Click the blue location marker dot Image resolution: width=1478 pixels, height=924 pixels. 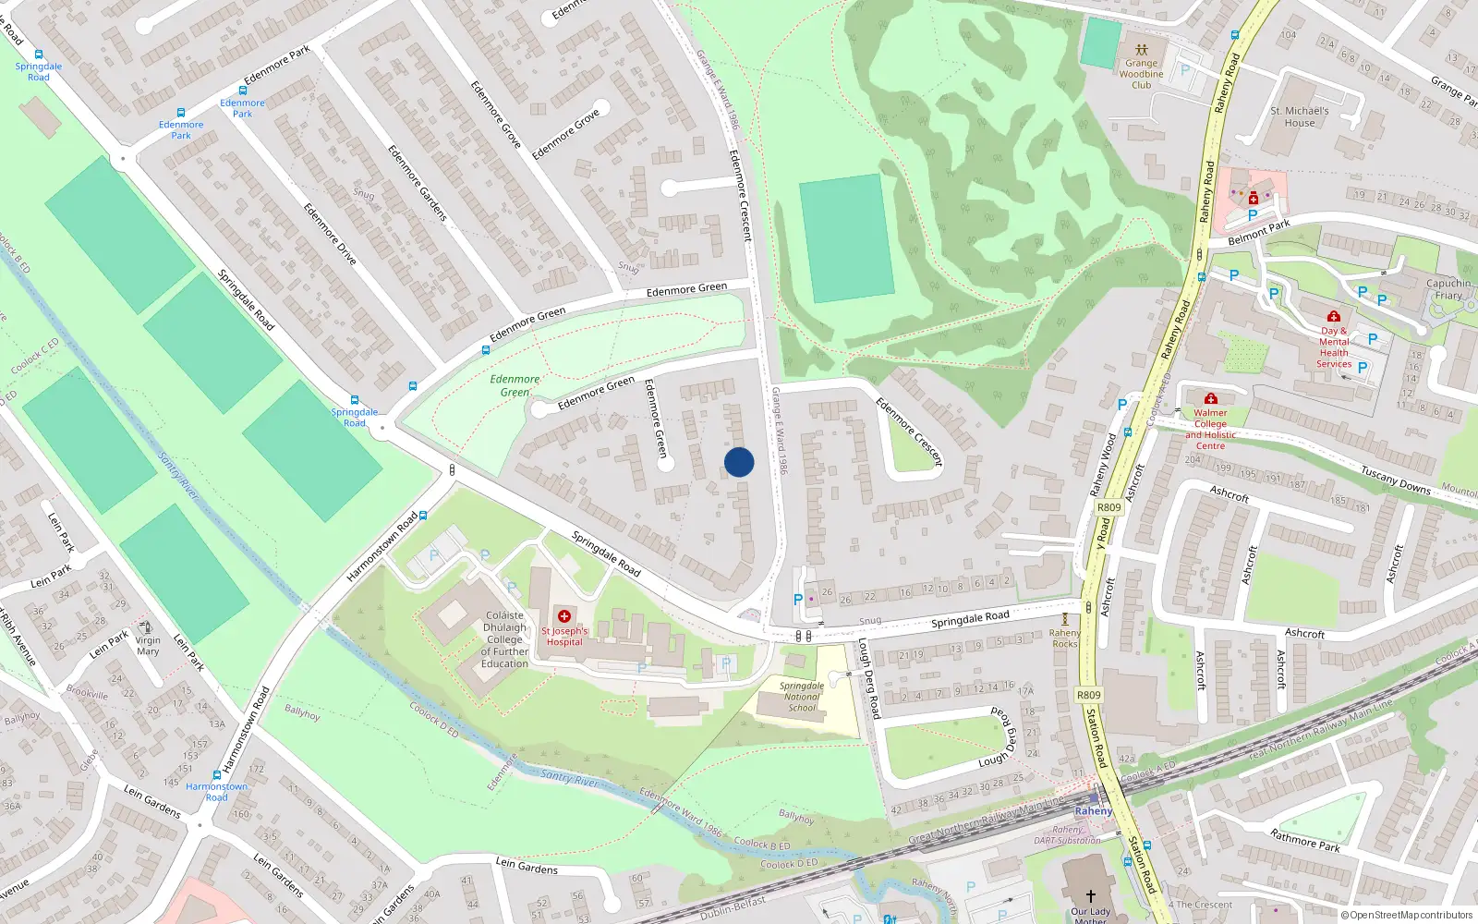[739, 462]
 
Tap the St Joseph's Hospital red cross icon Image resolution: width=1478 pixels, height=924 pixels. [564, 616]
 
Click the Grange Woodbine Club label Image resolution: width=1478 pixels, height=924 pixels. [1142, 74]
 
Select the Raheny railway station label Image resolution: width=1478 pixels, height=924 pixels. [1094, 811]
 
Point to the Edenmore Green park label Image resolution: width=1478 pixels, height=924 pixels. [515, 385]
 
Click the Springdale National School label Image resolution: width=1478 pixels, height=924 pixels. [802, 697]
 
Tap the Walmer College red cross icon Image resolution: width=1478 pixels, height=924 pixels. [1211, 398]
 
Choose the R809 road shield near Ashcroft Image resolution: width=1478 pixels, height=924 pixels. [1108, 507]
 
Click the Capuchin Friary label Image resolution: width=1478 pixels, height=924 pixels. [1448, 289]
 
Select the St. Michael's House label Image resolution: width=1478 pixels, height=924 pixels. [1299, 116]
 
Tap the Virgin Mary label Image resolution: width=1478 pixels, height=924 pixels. [148, 645]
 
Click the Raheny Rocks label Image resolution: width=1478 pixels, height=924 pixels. [1064, 638]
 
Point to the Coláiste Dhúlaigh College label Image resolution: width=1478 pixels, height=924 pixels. [504, 639]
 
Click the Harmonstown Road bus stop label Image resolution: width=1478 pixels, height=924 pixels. [216, 792]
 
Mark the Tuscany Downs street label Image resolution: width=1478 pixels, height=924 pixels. [1395, 480]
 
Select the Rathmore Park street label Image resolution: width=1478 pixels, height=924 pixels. [1304, 840]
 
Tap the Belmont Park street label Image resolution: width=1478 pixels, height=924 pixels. [1259, 233]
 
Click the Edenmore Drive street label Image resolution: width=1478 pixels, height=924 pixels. [330, 235]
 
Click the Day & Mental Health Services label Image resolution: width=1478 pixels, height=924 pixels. [1334, 347]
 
